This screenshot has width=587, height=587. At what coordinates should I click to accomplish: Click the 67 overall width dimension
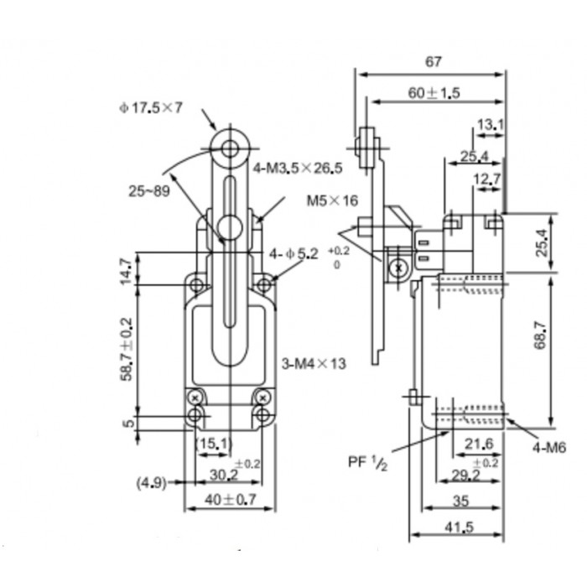pyautogui.click(x=434, y=61)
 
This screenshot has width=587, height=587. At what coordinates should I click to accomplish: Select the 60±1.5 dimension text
pyautogui.click(x=434, y=93)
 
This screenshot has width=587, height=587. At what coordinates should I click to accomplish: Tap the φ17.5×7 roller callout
pyautogui.click(x=151, y=108)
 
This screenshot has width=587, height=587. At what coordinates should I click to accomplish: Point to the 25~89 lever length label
pyautogui.click(x=149, y=191)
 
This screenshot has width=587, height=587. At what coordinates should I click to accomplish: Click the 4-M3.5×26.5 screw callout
pyautogui.click(x=298, y=168)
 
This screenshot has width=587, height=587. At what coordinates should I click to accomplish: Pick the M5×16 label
pyautogui.click(x=332, y=200)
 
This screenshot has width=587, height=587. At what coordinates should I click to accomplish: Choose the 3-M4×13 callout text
pyautogui.click(x=314, y=363)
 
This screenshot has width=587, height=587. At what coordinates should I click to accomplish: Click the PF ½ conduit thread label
pyautogui.click(x=367, y=463)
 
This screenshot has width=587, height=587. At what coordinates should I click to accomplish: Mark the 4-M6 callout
pyautogui.click(x=549, y=447)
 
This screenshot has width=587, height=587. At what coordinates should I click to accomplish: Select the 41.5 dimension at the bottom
pyautogui.click(x=460, y=527)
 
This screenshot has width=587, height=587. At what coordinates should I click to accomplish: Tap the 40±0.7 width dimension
pyautogui.click(x=231, y=499)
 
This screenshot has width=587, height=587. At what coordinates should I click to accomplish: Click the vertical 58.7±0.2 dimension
pyautogui.click(x=127, y=350)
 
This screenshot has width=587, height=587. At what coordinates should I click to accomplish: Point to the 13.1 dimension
pyautogui.click(x=491, y=125)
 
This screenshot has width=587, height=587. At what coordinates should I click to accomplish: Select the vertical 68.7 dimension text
pyautogui.click(x=541, y=335)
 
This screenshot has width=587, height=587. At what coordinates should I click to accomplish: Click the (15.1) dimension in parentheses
pyautogui.click(x=214, y=444)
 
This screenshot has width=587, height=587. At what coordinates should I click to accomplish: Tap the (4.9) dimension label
pyautogui.click(x=151, y=482)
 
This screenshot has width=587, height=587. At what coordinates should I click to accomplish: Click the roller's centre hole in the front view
pyautogui.click(x=230, y=148)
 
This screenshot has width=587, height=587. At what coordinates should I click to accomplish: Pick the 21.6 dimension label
pyautogui.click(x=479, y=444)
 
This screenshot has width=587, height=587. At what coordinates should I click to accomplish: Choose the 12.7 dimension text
pyautogui.click(x=486, y=179)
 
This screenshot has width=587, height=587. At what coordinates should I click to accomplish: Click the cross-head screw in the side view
pyautogui.click(x=398, y=268)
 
